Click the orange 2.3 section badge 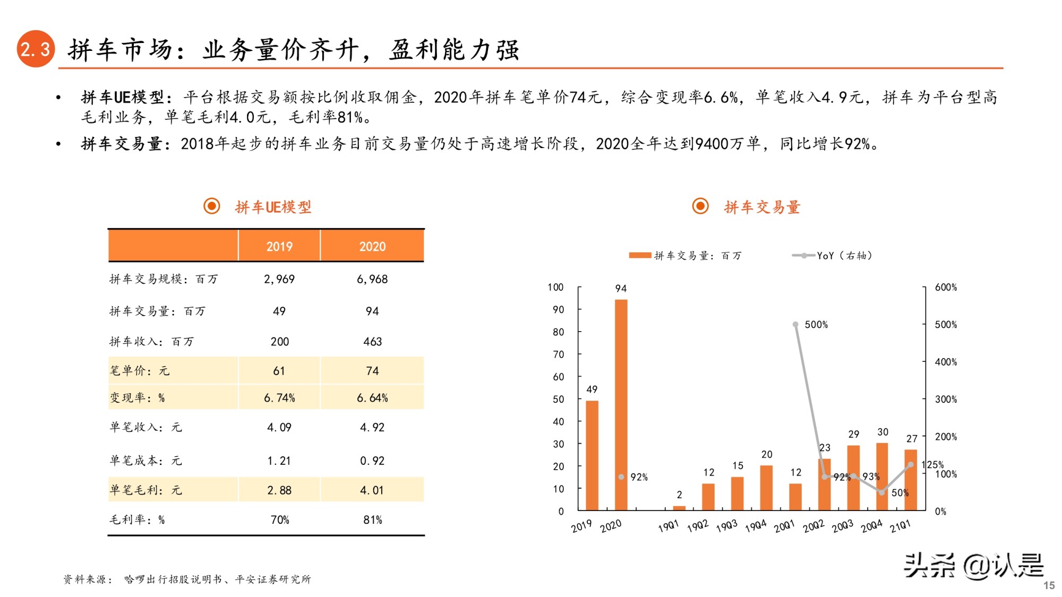tap(36, 49)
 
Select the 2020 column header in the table tap(372, 246)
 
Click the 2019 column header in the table tap(279, 246)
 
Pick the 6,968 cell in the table tap(372, 279)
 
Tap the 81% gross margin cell tap(372, 520)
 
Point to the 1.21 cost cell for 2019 tap(279, 461)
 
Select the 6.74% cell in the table tap(279, 398)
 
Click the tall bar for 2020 tap(621, 403)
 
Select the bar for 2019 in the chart tap(592, 455)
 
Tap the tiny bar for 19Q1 tap(679, 508)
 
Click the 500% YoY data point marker tap(795, 324)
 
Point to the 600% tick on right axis tap(946, 287)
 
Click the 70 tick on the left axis tap(558, 354)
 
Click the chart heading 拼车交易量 tap(761, 207)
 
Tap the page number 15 tap(1049, 585)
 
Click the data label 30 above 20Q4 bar tap(883, 432)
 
